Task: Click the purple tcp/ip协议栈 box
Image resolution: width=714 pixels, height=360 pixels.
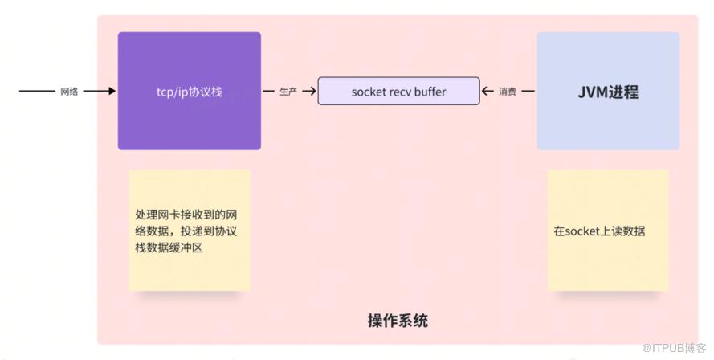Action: pos(190,91)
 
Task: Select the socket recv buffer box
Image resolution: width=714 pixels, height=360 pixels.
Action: pos(398,91)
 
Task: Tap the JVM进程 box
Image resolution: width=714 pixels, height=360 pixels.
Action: pos(608,91)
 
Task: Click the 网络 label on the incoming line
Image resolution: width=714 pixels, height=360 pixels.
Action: pos(69,92)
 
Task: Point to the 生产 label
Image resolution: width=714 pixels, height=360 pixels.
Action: pos(288,92)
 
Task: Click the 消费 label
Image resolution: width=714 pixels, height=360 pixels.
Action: pos(508,92)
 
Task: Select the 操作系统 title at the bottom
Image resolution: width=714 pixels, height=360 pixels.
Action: pos(398,321)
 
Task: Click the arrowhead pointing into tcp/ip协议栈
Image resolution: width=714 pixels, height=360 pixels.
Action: pos(112,91)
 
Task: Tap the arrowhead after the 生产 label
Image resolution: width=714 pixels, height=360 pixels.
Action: pos(312,91)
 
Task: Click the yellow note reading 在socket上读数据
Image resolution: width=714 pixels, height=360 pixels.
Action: pos(608,230)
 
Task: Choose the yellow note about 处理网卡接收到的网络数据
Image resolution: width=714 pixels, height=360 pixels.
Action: pos(190,230)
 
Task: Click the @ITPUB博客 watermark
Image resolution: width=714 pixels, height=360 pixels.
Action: pos(674,348)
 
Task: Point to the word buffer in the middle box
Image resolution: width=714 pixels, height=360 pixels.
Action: pos(430,92)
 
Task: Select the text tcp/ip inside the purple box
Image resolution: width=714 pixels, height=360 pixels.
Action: pos(172,92)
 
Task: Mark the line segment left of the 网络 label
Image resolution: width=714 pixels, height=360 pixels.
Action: pos(37,91)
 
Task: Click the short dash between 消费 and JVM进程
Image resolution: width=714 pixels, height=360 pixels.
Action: pos(528,91)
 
